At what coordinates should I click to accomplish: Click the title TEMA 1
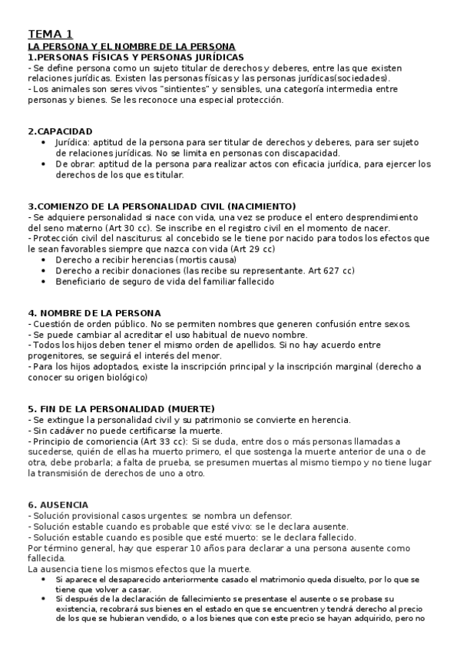(x=51, y=35)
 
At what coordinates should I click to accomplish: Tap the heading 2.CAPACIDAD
(x=60, y=131)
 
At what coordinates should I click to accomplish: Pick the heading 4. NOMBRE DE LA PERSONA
(x=94, y=313)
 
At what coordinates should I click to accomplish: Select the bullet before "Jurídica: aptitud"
(x=42, y=143)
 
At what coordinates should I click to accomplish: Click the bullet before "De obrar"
(x=42, y=164)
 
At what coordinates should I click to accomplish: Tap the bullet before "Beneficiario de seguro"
(x=42, y=282)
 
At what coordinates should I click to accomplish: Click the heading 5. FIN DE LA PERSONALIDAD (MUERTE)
(x=121, y=408)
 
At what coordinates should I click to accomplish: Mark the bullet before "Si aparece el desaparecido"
(x=42, y=579)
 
